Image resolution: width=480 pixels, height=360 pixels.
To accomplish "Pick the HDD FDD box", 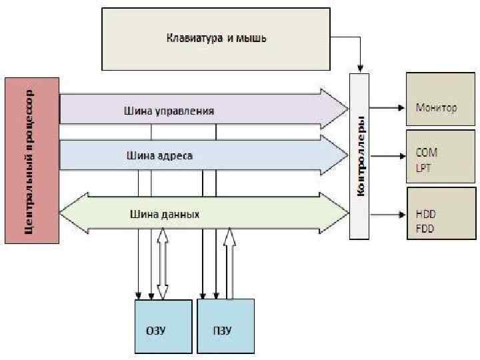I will [x=441, y=215].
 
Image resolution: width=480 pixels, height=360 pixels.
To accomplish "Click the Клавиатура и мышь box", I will [x=216, y=37].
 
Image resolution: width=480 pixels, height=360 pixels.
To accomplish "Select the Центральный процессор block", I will [x=31, y=159].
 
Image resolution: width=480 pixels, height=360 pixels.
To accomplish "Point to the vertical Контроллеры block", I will [x=359, y=157].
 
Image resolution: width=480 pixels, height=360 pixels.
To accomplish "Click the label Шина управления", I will [x=169, y=111].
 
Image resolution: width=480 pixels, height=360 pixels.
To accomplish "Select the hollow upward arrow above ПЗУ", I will [x=230, y=263].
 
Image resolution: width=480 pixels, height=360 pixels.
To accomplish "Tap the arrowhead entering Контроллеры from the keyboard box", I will [x=360, y=68].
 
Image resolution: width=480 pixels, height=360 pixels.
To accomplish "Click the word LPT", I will [x=423, y=168].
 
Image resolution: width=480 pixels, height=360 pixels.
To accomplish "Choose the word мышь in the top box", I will [x=253, y=37].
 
